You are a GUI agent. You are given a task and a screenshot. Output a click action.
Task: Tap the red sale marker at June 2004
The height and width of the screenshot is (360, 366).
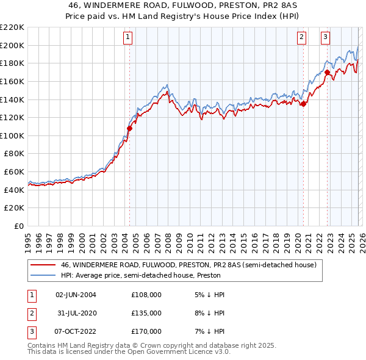click(129, 128)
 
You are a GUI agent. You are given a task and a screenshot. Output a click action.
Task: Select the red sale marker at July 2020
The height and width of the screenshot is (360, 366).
click(303, 104)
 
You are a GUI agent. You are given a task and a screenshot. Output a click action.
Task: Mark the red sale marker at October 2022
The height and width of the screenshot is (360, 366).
click(327, 72)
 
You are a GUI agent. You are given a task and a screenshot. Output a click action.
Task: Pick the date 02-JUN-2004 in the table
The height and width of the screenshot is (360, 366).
click(76, 295)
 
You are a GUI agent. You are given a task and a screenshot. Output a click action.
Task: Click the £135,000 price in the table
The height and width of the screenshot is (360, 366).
click(146, 313)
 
